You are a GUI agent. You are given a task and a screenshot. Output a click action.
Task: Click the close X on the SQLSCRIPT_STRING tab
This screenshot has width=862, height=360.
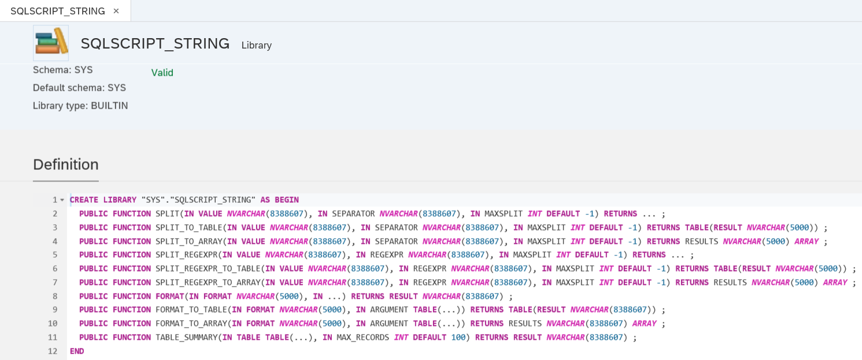point(116,11)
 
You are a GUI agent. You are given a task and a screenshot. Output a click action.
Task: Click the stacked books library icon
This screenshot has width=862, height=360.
point(51,43)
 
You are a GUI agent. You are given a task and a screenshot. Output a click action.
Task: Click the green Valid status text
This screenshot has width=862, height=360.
point(162,73)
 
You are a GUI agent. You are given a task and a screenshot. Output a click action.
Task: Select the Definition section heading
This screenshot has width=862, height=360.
point(66,165)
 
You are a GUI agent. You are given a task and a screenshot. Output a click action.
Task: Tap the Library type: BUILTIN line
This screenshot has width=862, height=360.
point(80,106)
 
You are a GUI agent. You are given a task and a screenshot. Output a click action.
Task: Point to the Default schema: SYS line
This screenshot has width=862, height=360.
point(79,88)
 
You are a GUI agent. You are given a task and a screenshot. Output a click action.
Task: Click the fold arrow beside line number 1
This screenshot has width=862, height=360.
point(62,200)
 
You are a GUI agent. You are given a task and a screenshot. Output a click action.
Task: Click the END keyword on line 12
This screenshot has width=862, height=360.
point(77,351)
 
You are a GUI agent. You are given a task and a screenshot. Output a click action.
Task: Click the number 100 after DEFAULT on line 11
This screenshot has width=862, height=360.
point(458,337)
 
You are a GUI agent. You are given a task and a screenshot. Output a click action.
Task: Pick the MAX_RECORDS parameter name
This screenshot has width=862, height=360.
point(363,337)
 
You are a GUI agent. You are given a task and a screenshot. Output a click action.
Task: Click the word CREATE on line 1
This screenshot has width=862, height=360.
point(84,200)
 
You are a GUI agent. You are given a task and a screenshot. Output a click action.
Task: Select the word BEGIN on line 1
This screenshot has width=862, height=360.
point(287,200)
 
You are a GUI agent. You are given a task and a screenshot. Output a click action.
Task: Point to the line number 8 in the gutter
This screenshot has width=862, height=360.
point(55,296)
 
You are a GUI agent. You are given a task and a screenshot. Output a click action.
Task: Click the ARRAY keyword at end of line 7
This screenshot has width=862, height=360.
point(835,283)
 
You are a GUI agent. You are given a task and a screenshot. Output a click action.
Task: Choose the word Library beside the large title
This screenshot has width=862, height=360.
point(257,46)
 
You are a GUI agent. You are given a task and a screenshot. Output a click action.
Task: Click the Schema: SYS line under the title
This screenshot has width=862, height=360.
point(62,70)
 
